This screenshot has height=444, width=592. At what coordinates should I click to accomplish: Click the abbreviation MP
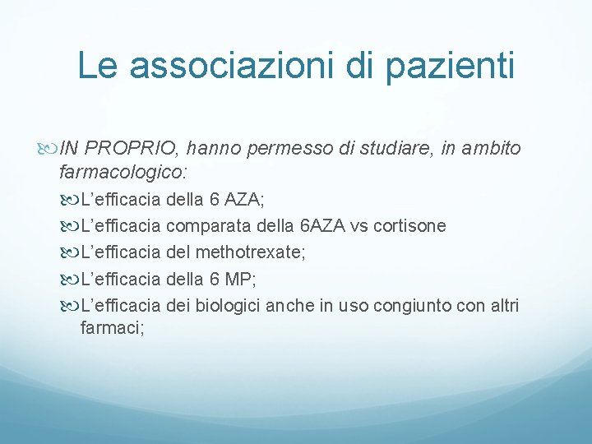click(243, 279)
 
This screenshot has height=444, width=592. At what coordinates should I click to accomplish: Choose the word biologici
click(226, 306)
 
